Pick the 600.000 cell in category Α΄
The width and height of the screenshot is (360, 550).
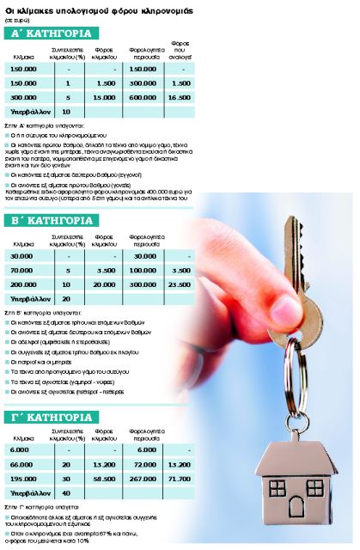142,98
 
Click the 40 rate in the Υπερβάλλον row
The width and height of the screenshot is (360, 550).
66,492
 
